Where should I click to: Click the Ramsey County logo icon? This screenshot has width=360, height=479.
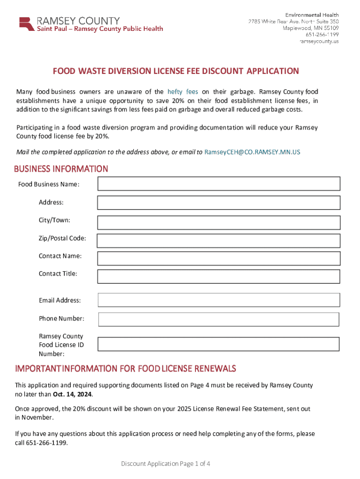point(27,24)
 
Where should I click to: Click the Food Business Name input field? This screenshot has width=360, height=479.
point(219,184)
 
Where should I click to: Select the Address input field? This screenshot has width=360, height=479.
point(219,203)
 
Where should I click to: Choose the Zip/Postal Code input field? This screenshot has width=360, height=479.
point(219,240)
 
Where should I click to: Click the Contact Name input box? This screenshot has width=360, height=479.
point(219,258)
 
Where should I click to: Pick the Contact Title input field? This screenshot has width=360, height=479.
point(219,276)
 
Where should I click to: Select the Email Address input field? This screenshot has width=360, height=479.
point(219,300)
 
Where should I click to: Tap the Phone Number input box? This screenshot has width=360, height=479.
point(219,319)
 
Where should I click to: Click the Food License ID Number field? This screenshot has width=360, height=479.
point(219,344)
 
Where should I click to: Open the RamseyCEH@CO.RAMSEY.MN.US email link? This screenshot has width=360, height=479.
point(252,152)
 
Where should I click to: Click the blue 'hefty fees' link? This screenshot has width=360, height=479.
point(183,92)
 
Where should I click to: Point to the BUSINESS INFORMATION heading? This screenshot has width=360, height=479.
point(61,169)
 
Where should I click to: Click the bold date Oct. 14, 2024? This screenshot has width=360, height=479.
point(69,394)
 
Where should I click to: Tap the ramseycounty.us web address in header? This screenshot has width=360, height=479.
point(319,41)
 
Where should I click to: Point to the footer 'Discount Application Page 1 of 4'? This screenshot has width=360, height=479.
point(166,464)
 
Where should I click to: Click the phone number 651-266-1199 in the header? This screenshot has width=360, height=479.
point(322,35)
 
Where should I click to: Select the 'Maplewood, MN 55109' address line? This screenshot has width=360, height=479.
point(310,28)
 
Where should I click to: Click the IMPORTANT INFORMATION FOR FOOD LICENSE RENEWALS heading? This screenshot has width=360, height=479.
point(125,369)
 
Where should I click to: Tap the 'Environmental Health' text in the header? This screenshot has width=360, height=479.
point(312,15)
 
